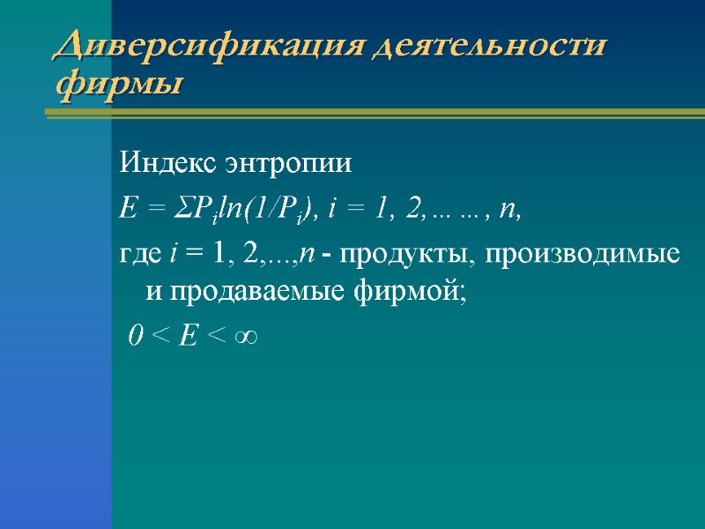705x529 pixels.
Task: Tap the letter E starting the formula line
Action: [126, 210]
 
